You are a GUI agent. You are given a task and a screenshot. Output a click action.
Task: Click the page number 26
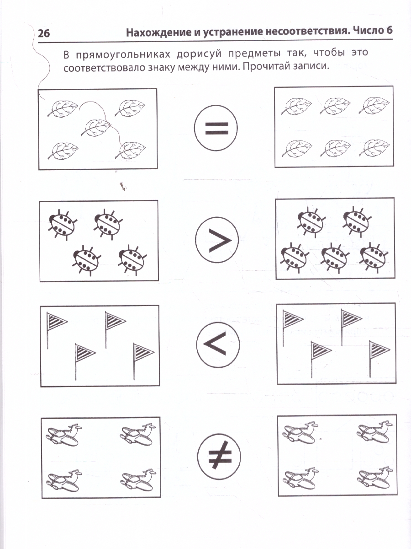tap(44, 33)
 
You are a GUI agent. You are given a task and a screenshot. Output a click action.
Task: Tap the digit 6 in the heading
tap(389, 31)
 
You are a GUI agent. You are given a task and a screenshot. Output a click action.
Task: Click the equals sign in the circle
tap(216, 128)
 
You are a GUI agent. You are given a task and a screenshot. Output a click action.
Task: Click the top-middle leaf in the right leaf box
tap(335, 106)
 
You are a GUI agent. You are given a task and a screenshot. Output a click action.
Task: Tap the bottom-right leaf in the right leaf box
tap(374, 148)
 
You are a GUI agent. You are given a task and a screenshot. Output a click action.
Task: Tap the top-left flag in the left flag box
tap(57, 330)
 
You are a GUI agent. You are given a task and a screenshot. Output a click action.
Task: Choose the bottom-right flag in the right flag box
tap(379, 359)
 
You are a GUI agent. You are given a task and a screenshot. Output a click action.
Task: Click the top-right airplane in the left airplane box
tap(138, 434)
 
